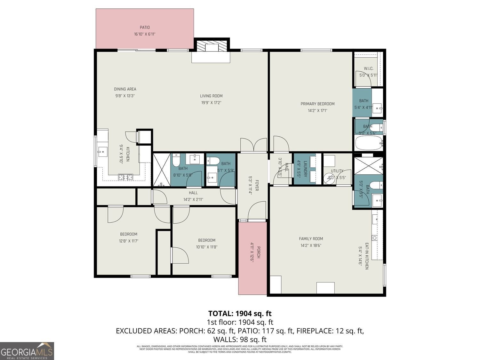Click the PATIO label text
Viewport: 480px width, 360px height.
[x=145, y=28]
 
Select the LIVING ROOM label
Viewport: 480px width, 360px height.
[x=211, y=96]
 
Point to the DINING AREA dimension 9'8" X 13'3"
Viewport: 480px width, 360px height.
[x=125, y=96]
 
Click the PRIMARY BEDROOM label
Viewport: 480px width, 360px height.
[x=317, y=104]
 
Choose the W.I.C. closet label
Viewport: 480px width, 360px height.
[x=369, y=68]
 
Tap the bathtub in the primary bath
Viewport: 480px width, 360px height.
[x=369, y=143]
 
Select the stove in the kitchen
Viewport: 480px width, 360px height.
[x=125, y=177]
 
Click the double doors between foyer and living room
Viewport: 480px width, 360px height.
[x=253, y=145]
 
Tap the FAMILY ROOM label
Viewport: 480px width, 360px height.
[x=311, y=239]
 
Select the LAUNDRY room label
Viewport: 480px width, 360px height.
[x=305, y=169]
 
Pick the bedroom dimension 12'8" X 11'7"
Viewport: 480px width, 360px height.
[x=129, y=241]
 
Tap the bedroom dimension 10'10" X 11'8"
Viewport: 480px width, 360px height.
[x=206, y=247]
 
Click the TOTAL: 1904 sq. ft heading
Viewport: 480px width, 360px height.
[x=240, y=313]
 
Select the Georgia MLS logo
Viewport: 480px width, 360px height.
[x=27, y=351]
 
